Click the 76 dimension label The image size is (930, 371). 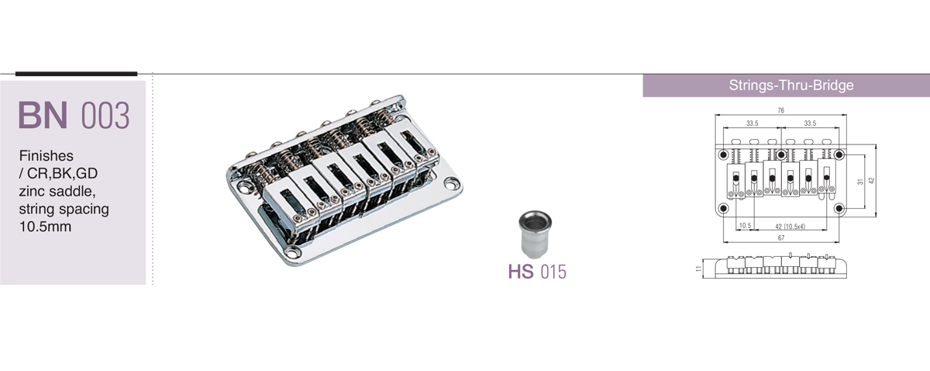click(781, 110)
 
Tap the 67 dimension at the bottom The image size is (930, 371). click(781, 238)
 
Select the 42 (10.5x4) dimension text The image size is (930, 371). click(790, 227)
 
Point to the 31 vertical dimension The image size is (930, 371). click(860, 182)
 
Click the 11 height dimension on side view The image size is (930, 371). click(699, 269)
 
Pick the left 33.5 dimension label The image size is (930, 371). click(753, 123)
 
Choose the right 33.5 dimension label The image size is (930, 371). click(810, 123)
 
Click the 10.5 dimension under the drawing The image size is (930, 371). click(746, 225)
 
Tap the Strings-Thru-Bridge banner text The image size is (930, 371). click(791, 85)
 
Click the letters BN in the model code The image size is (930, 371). click(43, 115)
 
